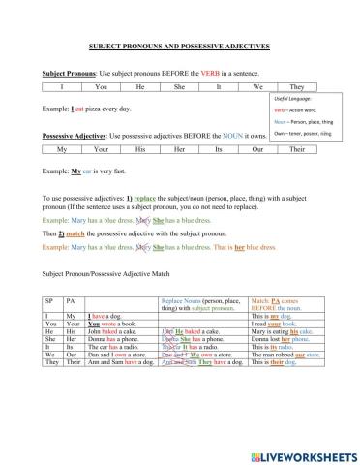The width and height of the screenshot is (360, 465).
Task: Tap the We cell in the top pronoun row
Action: coord(256,86)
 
